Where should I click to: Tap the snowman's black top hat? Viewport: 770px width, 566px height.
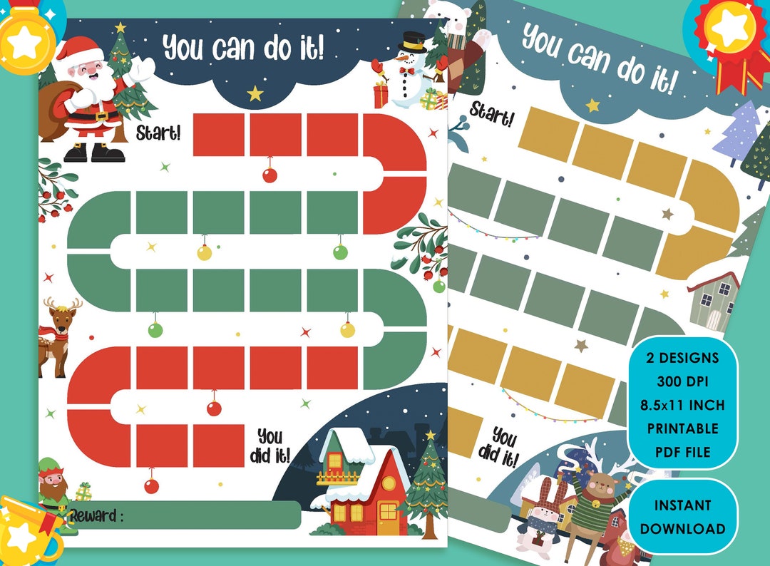point(411,42)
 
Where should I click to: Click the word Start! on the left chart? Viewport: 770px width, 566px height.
point(158,132)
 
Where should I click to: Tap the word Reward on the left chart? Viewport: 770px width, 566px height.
point(96,515)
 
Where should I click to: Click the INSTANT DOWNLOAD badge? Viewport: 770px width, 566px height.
point(682,516)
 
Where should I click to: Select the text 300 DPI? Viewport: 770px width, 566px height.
point(682,381)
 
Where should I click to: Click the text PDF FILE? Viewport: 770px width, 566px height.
point(682,452)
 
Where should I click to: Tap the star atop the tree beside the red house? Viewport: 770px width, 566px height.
point(430,435)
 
